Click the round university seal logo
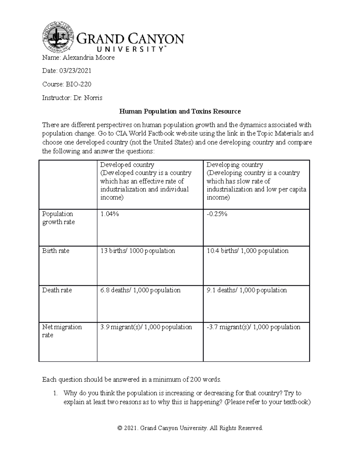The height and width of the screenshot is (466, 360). [x=58, y=37]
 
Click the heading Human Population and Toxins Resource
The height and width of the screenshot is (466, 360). [x=180, y=112]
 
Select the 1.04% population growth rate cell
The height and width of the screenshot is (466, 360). [x=109, y=214]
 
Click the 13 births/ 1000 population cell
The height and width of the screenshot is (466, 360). [x=137, y=251]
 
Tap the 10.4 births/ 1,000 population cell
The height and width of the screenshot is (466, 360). [x=247, y=251]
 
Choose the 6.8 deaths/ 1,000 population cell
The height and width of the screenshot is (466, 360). [x=140, y=290]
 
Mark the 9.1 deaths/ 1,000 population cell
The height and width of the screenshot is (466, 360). [x=247, y=290]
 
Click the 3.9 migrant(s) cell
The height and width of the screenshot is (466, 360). [x=146, y=327]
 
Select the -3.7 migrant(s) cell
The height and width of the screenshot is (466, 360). [x=253, y=327]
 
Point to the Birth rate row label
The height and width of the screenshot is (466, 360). [x=56, y=251]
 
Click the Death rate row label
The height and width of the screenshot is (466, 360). [x=57, y=290]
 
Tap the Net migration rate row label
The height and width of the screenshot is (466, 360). [x=62, y=331]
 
